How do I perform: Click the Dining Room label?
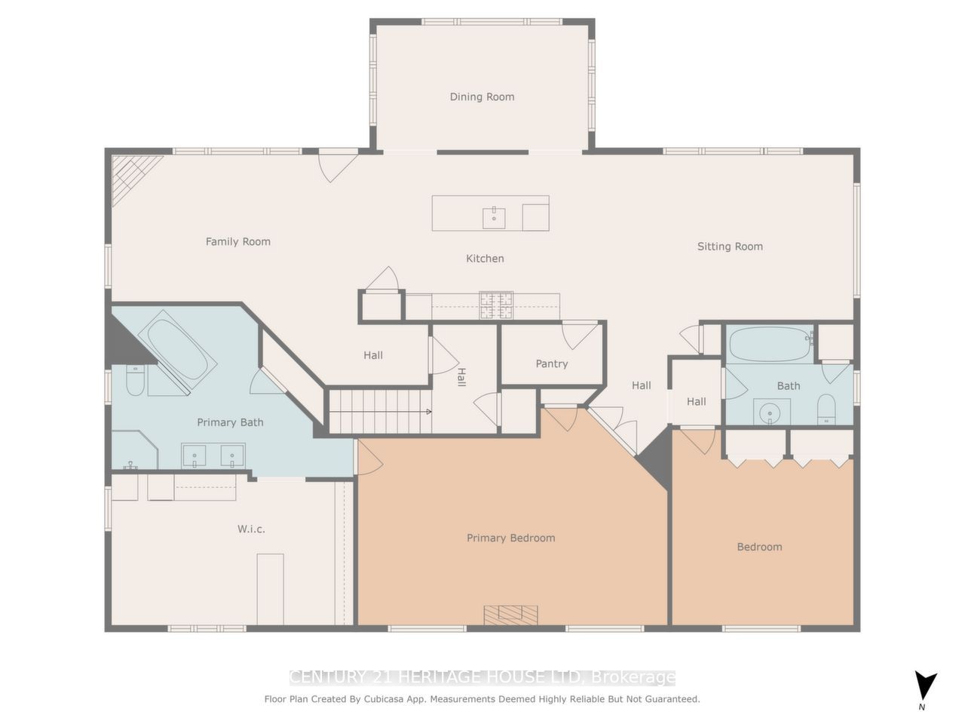(x=482, y=97)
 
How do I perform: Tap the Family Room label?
(x=237, y=241)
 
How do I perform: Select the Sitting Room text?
(x=729, y=246)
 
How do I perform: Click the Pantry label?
(x=551, y=364)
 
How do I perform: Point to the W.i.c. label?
(x=251, y=529)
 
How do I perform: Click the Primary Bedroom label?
(x=510, y=538)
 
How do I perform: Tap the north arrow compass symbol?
(x=925, y=686)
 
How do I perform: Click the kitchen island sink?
(x=494, y=217)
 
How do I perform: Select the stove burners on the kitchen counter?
(x=496, y=305)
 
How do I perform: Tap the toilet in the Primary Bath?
(x=135, y=381)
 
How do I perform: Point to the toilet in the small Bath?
(x=826, y=410)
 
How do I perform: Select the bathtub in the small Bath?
(x=769, y=344)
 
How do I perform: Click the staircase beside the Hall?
(x=379, y=411)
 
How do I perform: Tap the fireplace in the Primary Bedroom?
(x=511, y=615)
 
